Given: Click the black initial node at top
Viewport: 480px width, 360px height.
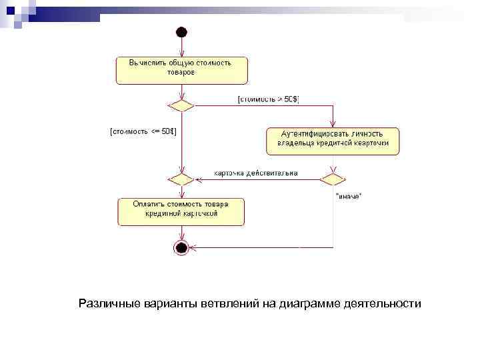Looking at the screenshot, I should [181, 32].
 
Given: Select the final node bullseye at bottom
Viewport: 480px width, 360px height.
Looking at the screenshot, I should [181, 248].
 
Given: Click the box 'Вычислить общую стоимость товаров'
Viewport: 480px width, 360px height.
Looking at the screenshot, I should [181, 70].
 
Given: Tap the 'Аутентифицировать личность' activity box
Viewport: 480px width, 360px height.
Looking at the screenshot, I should [332, 141].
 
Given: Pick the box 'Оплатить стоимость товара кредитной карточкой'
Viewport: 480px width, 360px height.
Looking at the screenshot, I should [181, 211].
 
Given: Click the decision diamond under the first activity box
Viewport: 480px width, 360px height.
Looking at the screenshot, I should [181, 106].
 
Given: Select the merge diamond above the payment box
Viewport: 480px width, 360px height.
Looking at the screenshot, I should [181, 179].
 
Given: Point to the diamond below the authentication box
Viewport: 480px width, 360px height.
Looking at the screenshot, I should [332, 179].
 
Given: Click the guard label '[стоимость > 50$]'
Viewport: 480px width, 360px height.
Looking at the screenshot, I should [268, 99].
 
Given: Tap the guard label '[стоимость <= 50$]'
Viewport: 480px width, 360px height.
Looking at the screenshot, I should [142, 131].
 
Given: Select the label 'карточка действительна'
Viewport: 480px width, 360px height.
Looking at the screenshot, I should [255, 173].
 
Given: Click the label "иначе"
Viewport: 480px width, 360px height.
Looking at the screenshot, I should [349, 195].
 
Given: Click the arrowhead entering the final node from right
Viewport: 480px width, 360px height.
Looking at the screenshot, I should [194, 248].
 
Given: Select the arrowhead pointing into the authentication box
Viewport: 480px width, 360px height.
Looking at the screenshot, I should [332, 125].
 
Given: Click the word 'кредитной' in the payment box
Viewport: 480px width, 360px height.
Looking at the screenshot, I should [162, 215].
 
